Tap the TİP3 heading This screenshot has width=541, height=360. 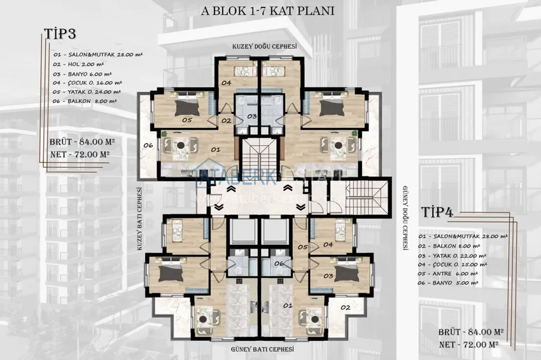[60, 34]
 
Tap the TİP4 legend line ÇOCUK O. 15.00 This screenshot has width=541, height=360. [454, 263]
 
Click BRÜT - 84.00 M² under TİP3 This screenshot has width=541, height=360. [80, 142]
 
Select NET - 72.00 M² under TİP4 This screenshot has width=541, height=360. [468, 344]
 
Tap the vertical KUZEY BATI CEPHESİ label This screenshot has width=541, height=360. [139, 219]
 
